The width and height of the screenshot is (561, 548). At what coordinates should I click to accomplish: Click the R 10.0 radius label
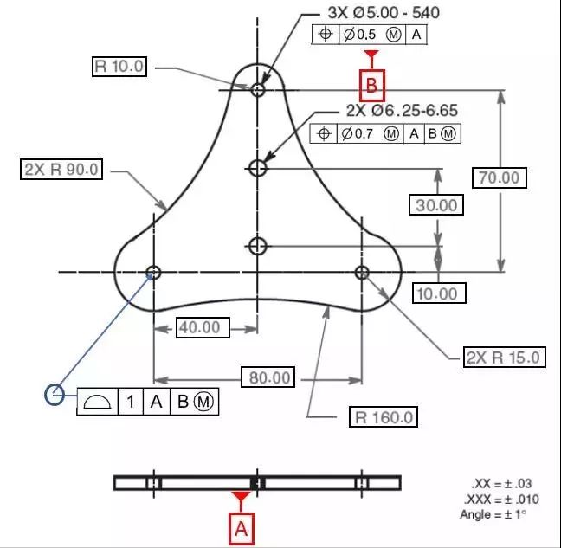click(x=119, y=66)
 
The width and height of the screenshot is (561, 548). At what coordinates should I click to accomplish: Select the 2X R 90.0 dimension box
click(x=61, y=169)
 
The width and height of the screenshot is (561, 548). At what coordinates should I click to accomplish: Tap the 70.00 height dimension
click(x=500, y=177)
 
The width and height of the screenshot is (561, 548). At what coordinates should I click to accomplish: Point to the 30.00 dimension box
click(x=436, y=205)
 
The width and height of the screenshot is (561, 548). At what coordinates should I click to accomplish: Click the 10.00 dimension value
click(x=439, y=293)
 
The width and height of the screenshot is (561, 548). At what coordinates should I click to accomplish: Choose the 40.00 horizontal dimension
click(x=203, y=327)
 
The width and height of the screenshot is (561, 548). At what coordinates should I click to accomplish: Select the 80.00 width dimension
click(x=268, y=377)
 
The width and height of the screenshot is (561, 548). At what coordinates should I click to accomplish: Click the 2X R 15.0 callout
click(x=505, y=357)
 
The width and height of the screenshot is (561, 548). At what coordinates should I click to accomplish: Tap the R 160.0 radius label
click(x=384, y=416)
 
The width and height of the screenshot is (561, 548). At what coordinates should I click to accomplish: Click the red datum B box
click(x=372, y=86)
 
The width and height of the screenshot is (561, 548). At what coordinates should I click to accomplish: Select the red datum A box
click(x=242, y=529)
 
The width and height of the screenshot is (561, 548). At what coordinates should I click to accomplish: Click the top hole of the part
click(x=258, y=89)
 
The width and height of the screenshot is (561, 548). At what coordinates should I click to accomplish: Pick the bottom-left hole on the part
click(x=154, y=273)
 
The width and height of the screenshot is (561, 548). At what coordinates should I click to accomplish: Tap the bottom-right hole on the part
click(x=362, y=273)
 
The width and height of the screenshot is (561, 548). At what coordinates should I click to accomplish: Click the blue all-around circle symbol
click(x=55, y=395)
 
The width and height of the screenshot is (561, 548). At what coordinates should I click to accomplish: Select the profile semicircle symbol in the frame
click(x=97, y=402)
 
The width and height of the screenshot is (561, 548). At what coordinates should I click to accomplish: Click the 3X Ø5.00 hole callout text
click(x=384, y=13)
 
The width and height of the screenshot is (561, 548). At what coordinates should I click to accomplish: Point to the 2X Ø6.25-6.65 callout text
click(x=402, y=110)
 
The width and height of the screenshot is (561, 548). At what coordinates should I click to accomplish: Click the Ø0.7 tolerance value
click(x=357, y=134)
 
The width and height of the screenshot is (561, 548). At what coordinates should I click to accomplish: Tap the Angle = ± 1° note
click(x=493, y=514)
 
